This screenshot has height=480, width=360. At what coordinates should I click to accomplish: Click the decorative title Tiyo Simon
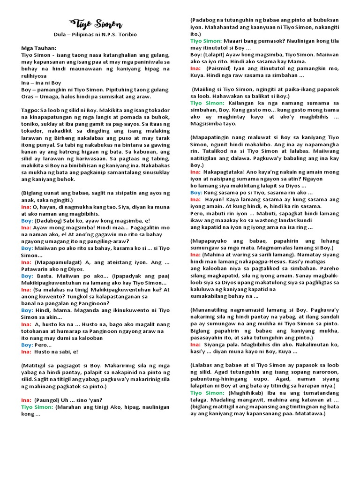(96, 24)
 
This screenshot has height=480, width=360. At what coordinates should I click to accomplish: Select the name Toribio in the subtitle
(125, 35)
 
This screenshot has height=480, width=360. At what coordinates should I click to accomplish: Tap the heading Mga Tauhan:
(38, 48)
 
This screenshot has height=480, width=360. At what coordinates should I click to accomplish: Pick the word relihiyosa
(34, 75)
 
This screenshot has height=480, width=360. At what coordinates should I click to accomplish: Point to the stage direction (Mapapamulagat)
(55, 262)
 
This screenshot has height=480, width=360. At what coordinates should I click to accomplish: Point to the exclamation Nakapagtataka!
(227, 172)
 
